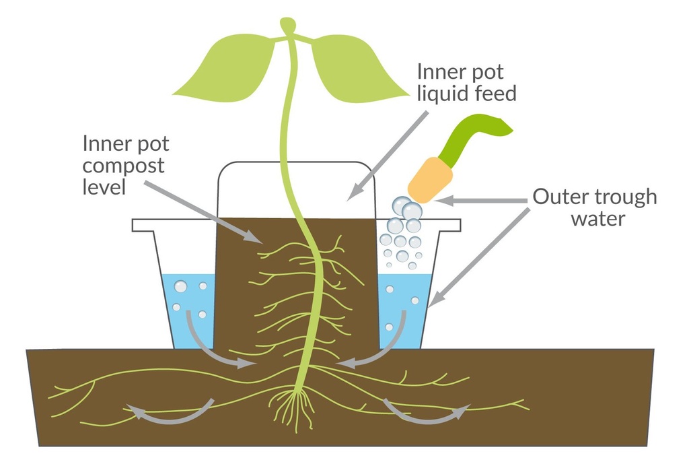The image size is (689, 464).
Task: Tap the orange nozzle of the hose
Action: (x=430, y=179)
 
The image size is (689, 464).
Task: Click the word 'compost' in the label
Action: (x=123, y=165)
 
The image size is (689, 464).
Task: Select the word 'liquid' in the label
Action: (x=446, y=94)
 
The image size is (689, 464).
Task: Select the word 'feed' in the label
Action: (x=497, y=94)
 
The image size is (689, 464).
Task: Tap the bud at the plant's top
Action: (x=289, y=26)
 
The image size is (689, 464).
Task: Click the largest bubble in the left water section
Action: (x=181, y=287)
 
